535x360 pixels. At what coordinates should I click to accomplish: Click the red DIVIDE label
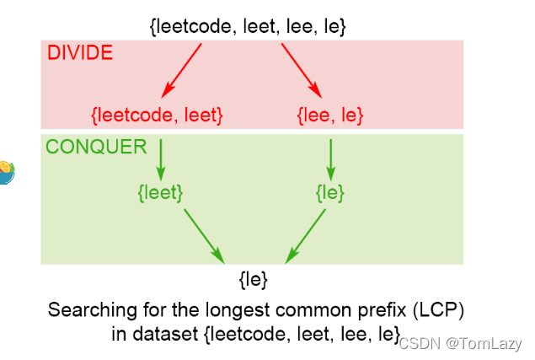(x=80, y=54)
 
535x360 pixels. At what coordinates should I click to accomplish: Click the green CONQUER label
(x=96, y=147)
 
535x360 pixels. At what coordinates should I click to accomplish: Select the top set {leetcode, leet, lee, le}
(x=248, y=26)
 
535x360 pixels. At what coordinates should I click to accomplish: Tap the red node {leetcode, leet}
(x=157, y=114)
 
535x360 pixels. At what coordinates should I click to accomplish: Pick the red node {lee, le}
(x=331, y=114)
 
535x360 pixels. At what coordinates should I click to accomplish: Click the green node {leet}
(x=160, y=193)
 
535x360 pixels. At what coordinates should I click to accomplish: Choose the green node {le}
(x=329, y=193)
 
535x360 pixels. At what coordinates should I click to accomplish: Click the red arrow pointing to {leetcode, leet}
(x=182, y=69)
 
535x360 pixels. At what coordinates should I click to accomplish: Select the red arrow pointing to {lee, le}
(x=302, y=69)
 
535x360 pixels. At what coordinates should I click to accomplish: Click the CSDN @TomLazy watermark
(x=460, y=342)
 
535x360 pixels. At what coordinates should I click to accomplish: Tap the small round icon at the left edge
(x=6, y=172)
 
